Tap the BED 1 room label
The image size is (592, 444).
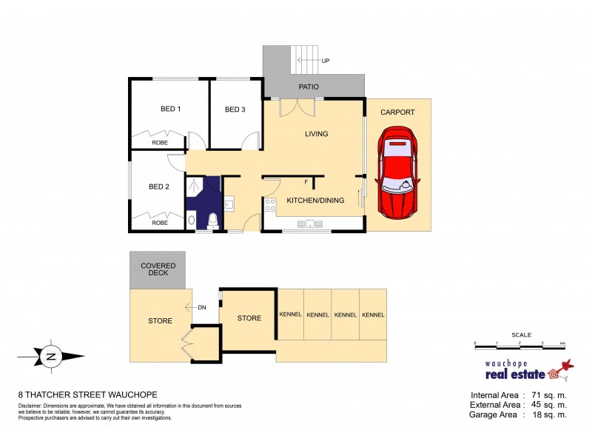tap(171, 110)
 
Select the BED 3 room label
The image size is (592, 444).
tap(235, 110)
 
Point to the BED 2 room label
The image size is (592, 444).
tap(159, 187)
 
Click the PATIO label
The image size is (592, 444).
tap(309, 87)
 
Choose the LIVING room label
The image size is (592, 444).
tap(316, 134)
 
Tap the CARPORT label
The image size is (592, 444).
tap(397, 112)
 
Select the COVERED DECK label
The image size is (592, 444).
tap(158, 269)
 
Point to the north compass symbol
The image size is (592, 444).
tap(51, 357)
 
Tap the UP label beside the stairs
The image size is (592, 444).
tap(324, 61)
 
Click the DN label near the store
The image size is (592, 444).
tap(201, 308)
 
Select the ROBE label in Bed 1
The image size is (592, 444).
tap(159, 142)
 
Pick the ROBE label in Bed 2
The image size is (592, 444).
tap(159, 222)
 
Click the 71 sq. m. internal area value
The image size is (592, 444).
tap(547, 394)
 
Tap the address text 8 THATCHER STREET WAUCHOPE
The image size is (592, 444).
tap(87, 394)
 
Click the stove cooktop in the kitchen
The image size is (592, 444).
tap(270, 205)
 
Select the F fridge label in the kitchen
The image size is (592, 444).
tap(306, 182)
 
